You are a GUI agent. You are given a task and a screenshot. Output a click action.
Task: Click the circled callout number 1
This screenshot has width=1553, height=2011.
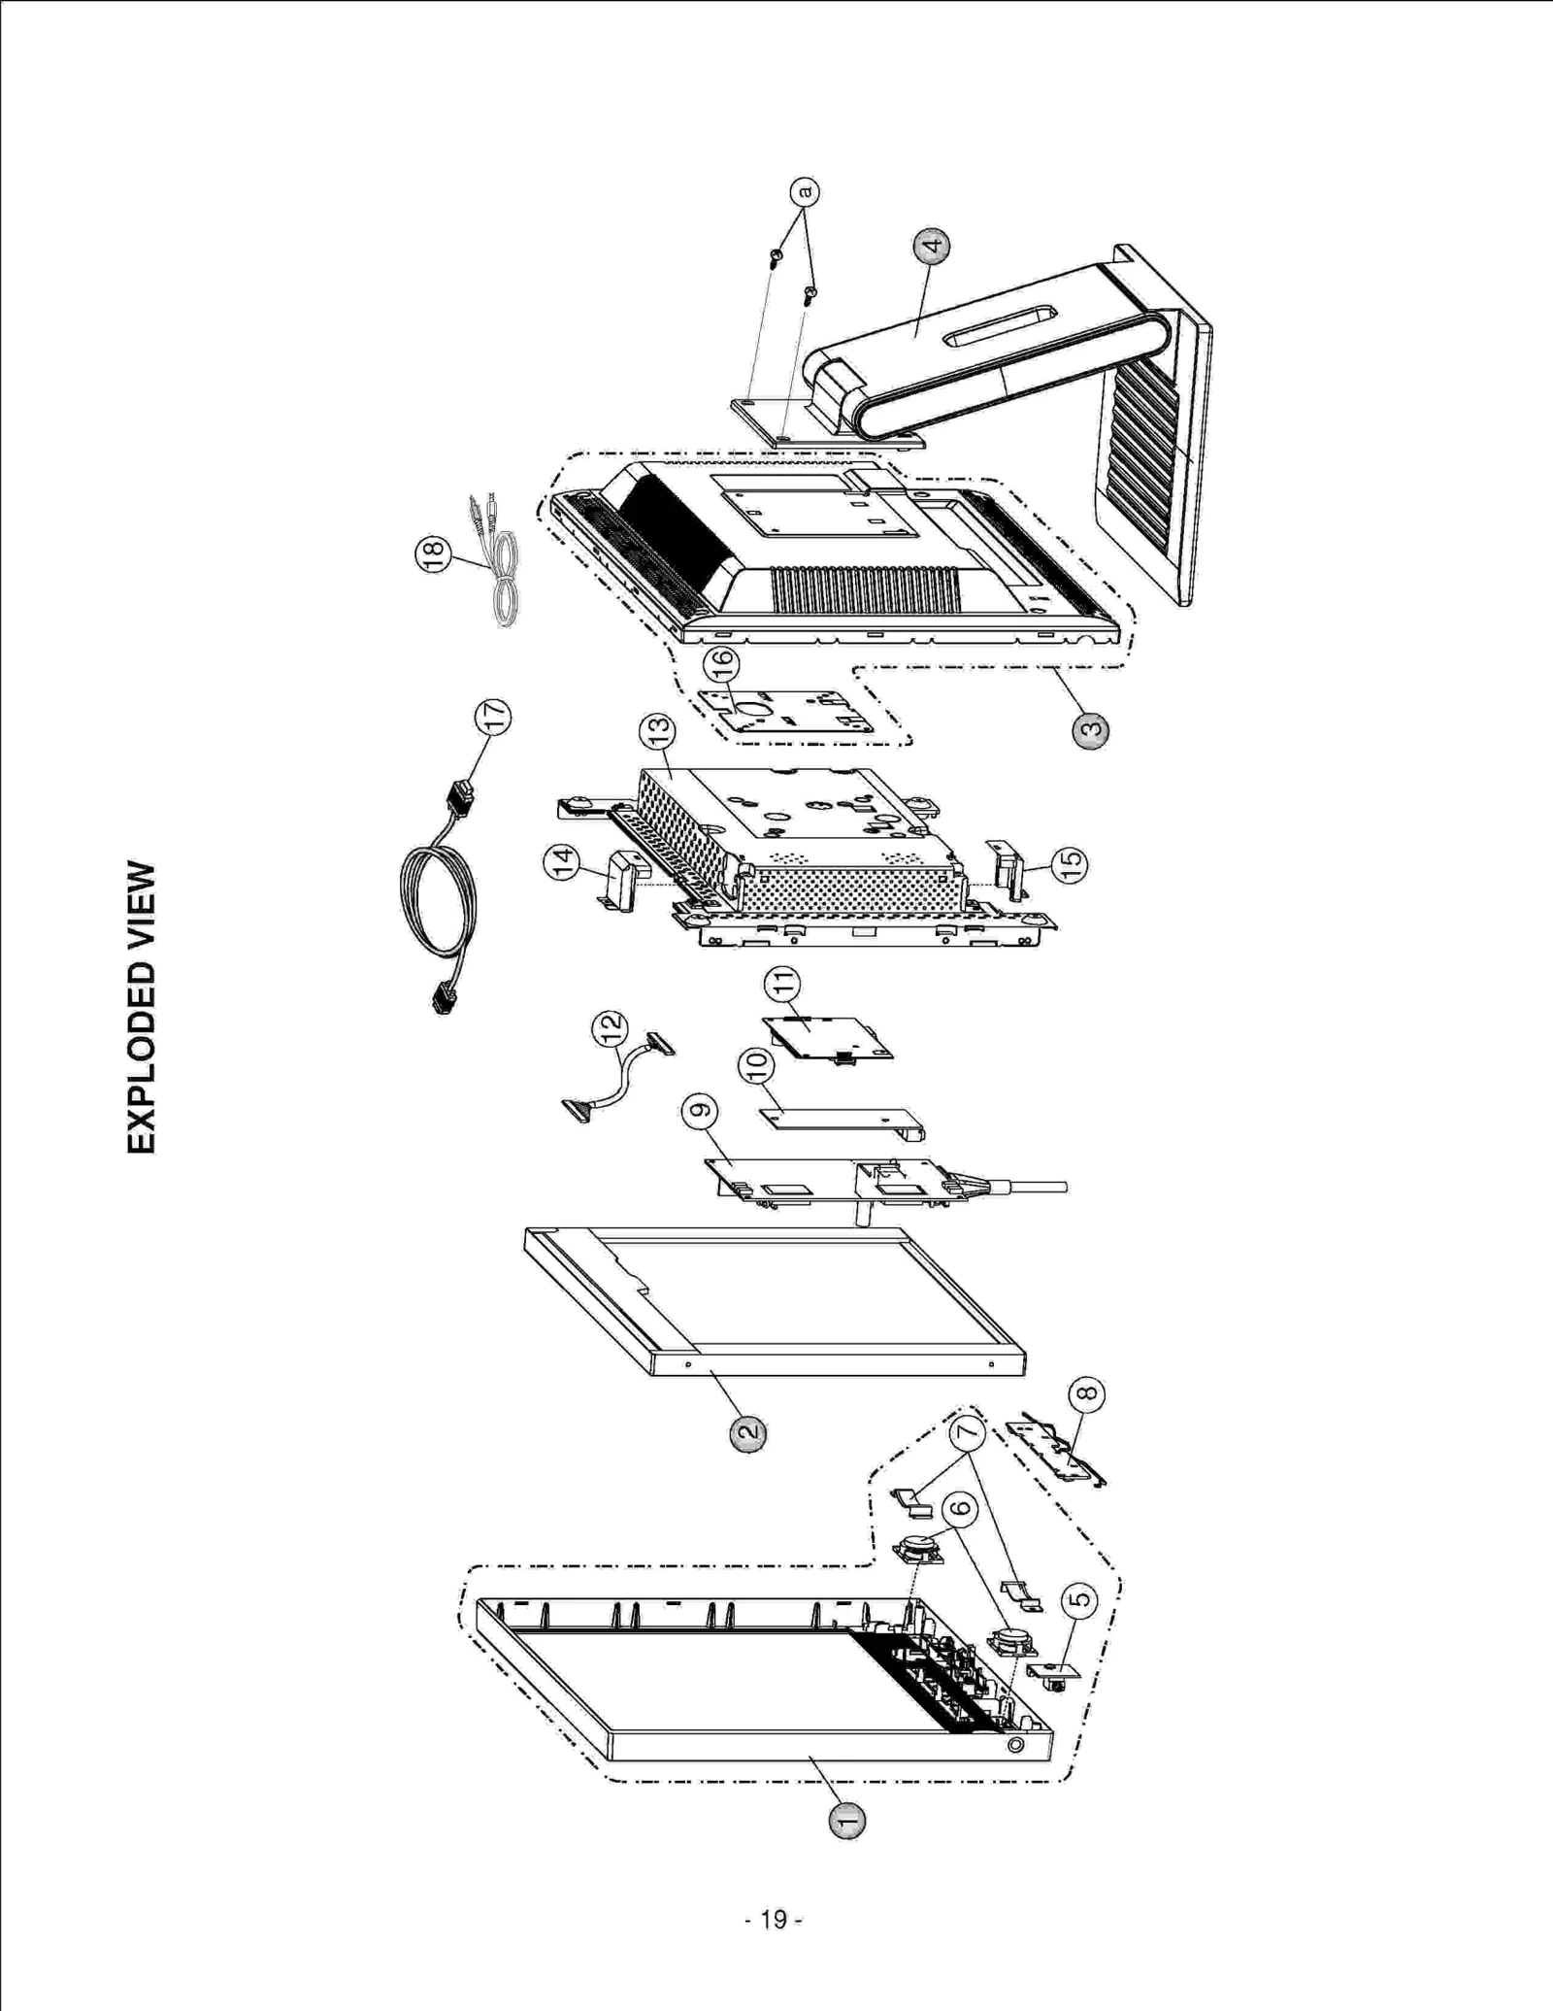pyautogui.click(x=847, y=1822)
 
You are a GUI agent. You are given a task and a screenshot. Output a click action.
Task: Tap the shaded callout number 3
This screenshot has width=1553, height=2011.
pyautogui.click(x=1090, y=730)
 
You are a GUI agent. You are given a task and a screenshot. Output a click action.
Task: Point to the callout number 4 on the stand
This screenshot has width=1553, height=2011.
pyautogui.click(x=932, y=247)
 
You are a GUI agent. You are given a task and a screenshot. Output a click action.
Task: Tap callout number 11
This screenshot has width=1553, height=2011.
pyautogui.click(x=782, y=985)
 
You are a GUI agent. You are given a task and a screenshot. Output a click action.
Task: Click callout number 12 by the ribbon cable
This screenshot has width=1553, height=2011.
pyautogui.click(x=610, y=1028)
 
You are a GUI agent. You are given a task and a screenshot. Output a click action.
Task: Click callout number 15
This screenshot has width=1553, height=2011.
pyautogui.click(x=1070, y=864)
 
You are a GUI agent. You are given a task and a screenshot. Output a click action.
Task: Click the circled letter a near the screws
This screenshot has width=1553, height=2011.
pyautogui.click(x=804, y=191)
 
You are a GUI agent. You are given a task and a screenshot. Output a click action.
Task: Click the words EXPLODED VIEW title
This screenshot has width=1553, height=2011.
pyautogui.click(x=142, y=1007)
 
